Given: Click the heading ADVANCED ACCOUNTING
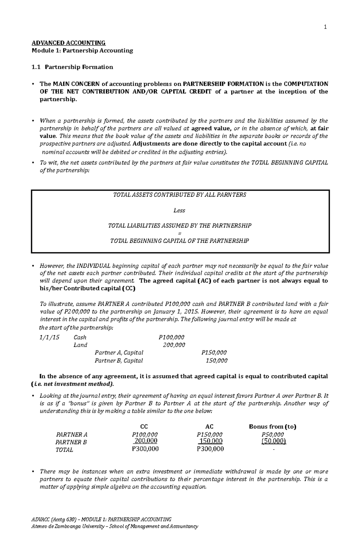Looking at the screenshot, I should pos(69,43).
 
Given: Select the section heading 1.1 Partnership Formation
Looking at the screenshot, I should pos(72,67).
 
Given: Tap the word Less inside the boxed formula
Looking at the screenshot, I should pos(179,210).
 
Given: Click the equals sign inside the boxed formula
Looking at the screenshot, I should pos(179,233).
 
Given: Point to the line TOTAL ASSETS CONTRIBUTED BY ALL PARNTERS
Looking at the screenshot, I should pos(179,195).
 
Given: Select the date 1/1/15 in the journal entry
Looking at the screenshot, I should pos(49,337).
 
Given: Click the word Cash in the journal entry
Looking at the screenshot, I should pos(80,337).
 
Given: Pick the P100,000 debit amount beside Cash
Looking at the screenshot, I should pos(171,337).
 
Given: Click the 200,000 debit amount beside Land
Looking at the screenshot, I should pos(174,345).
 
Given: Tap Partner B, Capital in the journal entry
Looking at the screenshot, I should pos(119,361).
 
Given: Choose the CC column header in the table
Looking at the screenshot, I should pos(144,427).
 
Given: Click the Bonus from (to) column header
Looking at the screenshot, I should pos(273,427).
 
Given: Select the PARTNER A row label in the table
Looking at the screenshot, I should pos(72,434).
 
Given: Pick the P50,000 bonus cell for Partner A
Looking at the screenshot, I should pos(273,434).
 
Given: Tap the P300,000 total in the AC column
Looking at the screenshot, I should pos(210,449).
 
